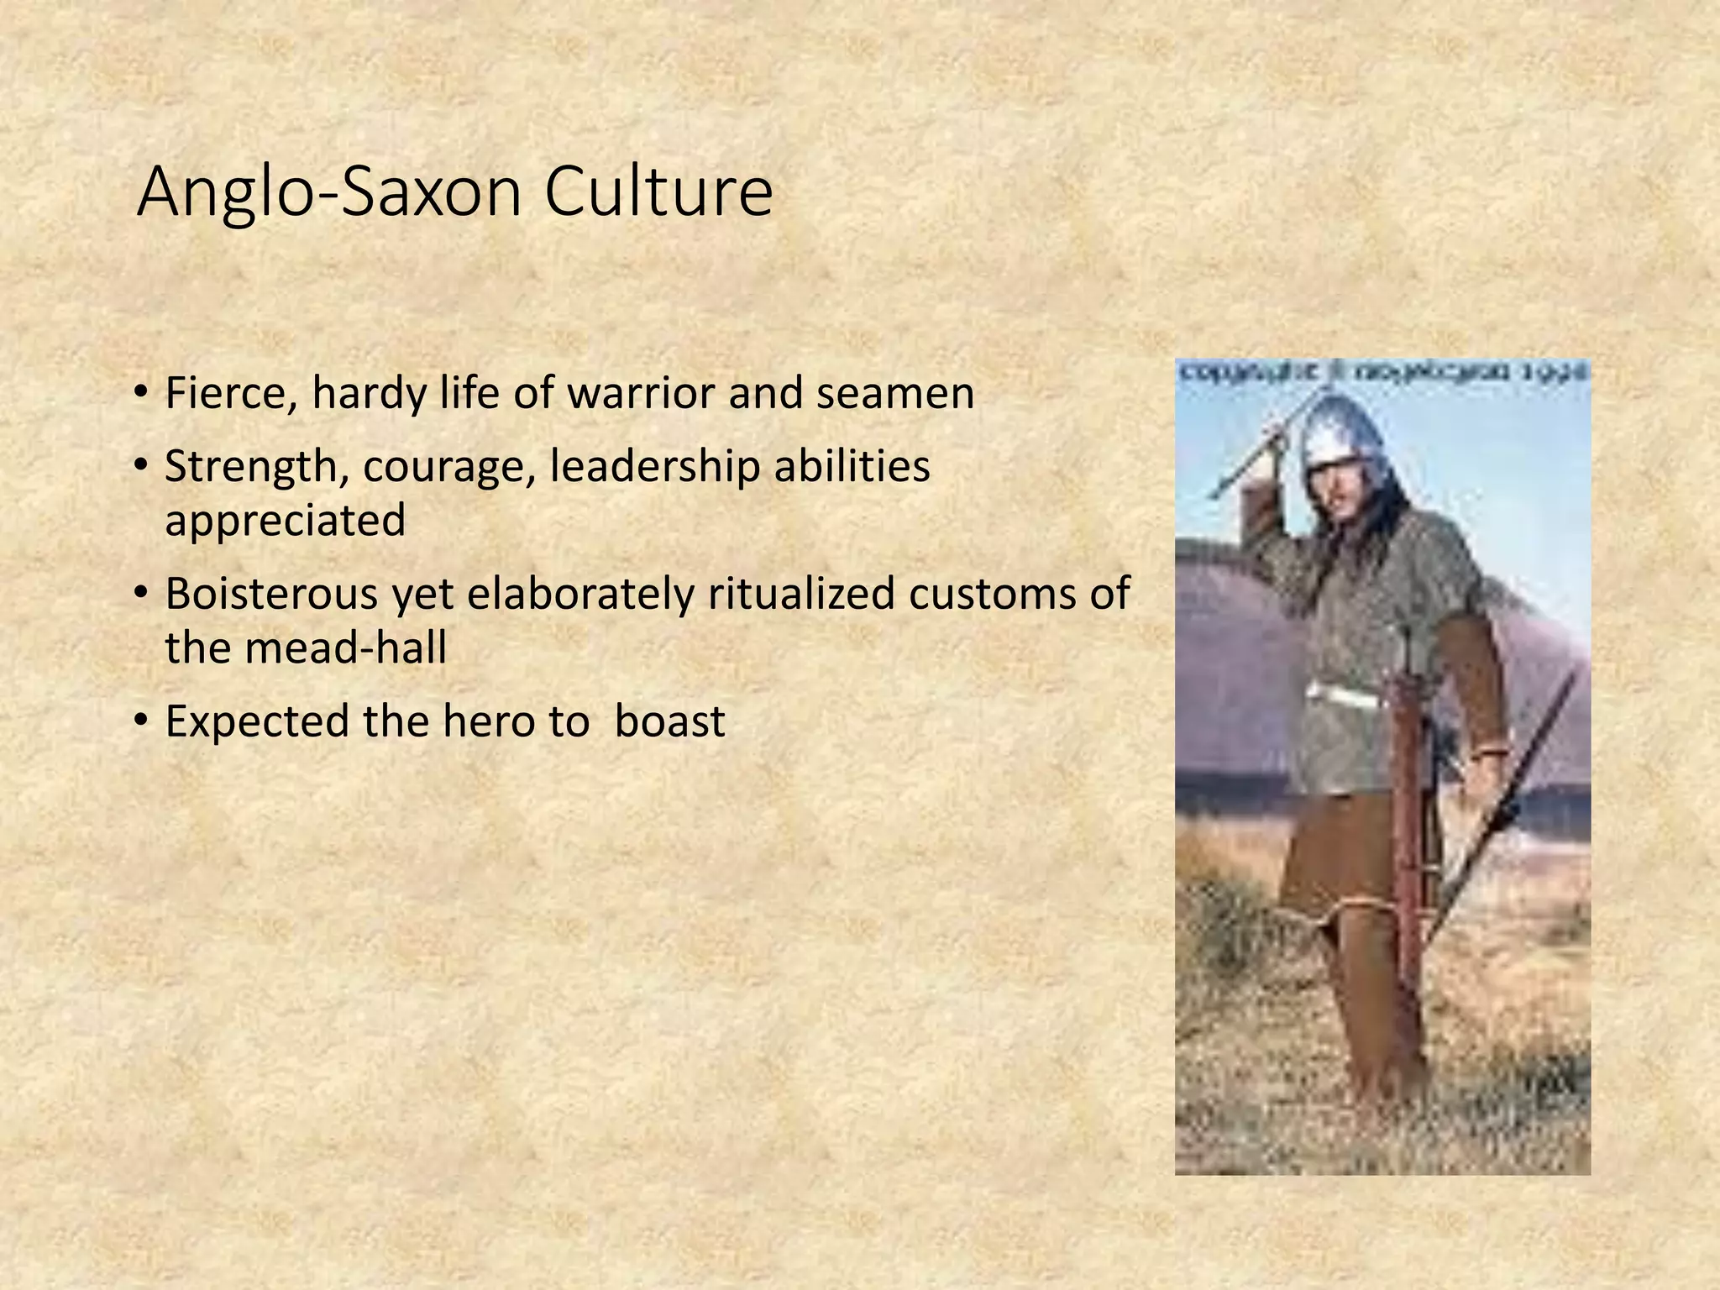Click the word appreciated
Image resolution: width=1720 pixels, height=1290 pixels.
pos(286,522)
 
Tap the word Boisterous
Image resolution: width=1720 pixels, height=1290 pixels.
pos(271,594)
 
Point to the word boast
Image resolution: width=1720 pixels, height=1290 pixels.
pos(669,721)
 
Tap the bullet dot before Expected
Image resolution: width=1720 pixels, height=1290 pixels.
pos(141,720)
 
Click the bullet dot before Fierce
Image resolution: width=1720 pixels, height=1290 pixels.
pos(141,391)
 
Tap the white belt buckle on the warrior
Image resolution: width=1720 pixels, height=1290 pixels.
pos(1344,694)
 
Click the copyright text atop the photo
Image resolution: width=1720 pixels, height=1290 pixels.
pos(1382,370)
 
